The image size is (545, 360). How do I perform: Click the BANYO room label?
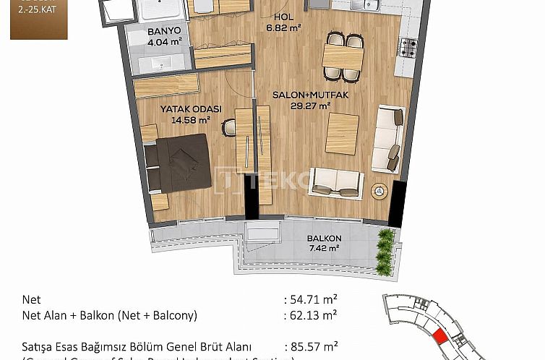[164, 32]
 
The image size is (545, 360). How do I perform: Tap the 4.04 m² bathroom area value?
[164, 42]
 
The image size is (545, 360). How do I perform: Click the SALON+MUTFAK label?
[301, 95]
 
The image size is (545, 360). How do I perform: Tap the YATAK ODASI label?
[191, 109]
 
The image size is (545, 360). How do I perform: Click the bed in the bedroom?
[177, 165]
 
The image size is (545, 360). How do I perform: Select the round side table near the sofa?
[379, 191]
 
